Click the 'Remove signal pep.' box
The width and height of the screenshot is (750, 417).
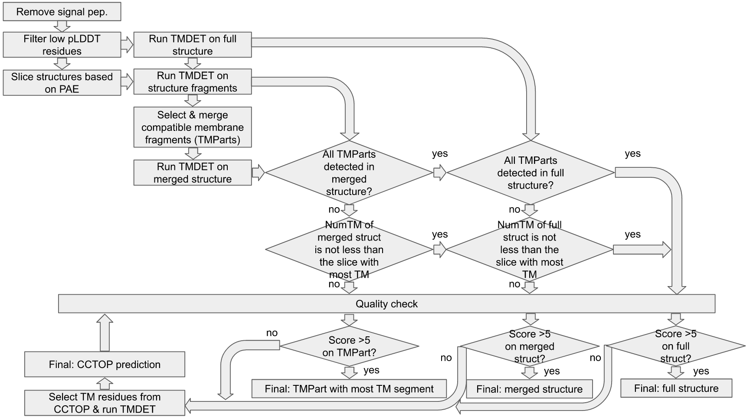tap(62, 12)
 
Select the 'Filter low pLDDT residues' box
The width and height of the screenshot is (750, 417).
tap(62, 45)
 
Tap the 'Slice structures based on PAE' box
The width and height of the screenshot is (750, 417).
tap(62, 83)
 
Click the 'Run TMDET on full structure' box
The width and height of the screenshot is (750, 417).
tap(193, 45)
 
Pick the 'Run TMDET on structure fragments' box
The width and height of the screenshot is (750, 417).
tap(193, 82)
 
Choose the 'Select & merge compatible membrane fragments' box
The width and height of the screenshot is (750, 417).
tap(193, 127)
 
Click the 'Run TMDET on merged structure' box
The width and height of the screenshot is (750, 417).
tap(193, 173)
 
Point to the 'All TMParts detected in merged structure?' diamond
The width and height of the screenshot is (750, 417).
tap(349, 173)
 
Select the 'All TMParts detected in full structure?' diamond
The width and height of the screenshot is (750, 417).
tap(531, 173)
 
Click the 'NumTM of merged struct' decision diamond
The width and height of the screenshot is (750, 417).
tap(349, 250)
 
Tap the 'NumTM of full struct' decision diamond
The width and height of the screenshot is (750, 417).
tap(529, 250)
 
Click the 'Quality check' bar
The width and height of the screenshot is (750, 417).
tap(386, 304)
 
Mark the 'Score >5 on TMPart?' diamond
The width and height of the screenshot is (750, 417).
tap(349, 346)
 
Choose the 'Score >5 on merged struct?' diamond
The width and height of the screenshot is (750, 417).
tap(529, 346)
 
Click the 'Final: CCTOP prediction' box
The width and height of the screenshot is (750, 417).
tap(105, 365)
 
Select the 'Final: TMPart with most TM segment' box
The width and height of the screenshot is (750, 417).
tap(349, 389)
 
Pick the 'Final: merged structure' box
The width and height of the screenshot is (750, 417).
tap(529, 389)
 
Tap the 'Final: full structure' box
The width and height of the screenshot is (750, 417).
tap(676, 388)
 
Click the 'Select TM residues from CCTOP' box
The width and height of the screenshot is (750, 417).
tap(105, 403)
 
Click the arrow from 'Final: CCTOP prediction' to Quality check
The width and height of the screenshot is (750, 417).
tap(105, 333)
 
